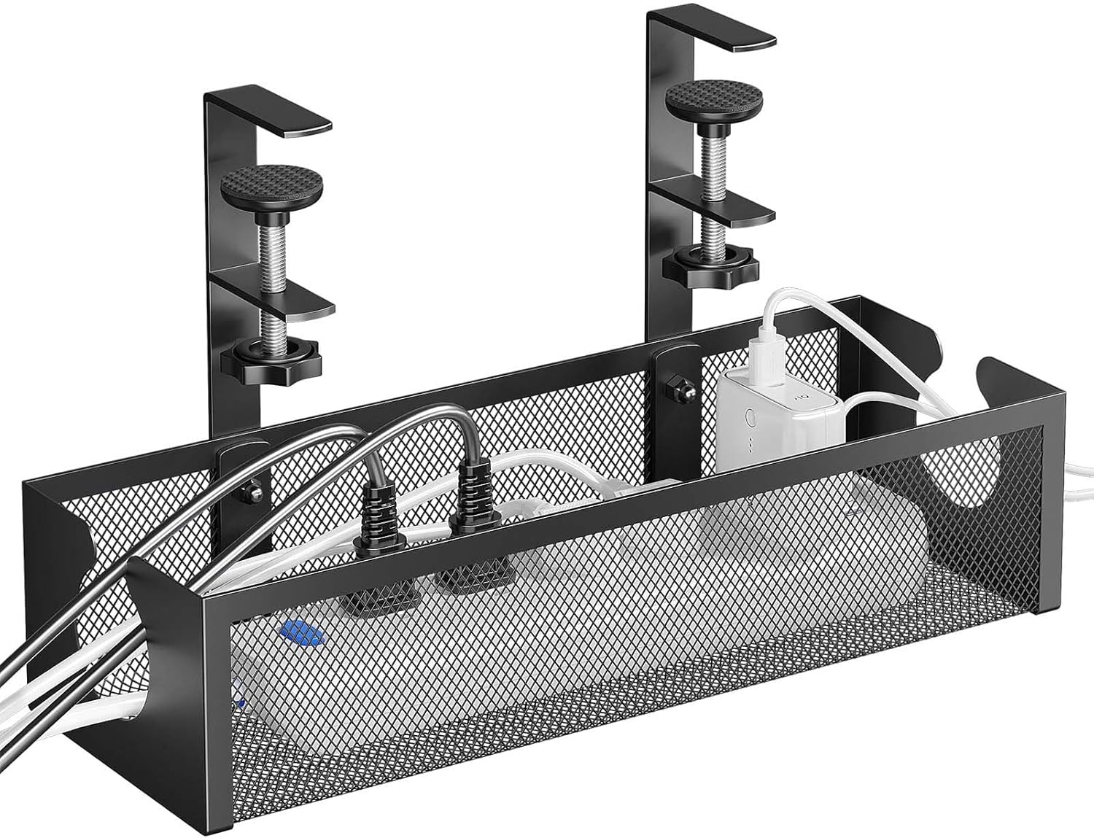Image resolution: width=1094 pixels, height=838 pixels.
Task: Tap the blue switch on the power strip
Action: (301, 632)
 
